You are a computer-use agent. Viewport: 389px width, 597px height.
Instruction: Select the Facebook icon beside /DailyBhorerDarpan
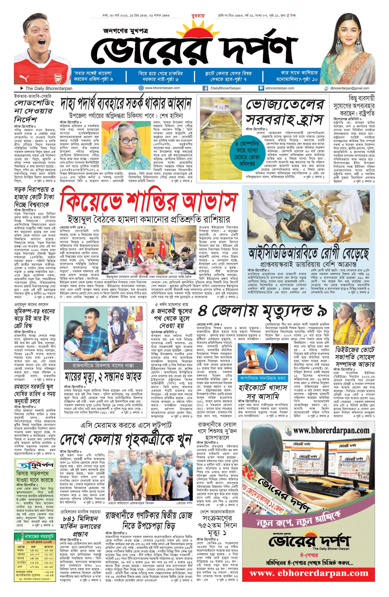pyautogui.click(x=205, y=88)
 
